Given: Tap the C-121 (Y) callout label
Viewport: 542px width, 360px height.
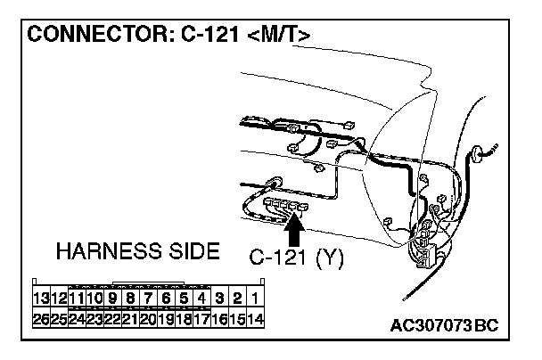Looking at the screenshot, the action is pyautogui.click(x=294, y=259).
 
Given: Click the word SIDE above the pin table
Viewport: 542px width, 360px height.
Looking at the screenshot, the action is pyautogui.click(x=190, y=252).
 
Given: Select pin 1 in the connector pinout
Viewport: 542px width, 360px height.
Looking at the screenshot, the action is pyautogui.click(x=255, y=299).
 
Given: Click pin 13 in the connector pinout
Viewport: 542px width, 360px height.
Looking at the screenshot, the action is pyautogui.click(x=39, y=299).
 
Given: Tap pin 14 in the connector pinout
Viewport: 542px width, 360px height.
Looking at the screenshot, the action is pyautogui.click(x=255, y=318).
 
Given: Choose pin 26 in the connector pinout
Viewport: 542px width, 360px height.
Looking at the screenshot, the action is pyautogui.click(x=39, y=318).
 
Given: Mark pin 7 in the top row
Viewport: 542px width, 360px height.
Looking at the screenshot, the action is pyautogui.click(x=148, y=299).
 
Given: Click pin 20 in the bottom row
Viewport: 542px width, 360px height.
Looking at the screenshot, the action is pyautogui.click(x=148, y=318).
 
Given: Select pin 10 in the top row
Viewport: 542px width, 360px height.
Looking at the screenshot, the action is pyautogui.click(x=94, y=299).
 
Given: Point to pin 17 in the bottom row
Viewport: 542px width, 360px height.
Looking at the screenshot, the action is pyautogui.click(x=201, y=318).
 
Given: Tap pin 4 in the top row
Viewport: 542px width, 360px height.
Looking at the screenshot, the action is pyautogui.click(x=201, y=299).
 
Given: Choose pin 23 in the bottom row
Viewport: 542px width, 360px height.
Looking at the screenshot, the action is pyautogui.click(x=94, y=318).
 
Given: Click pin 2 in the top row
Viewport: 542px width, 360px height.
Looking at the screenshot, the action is pyautogui.click(x=237, y=299).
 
